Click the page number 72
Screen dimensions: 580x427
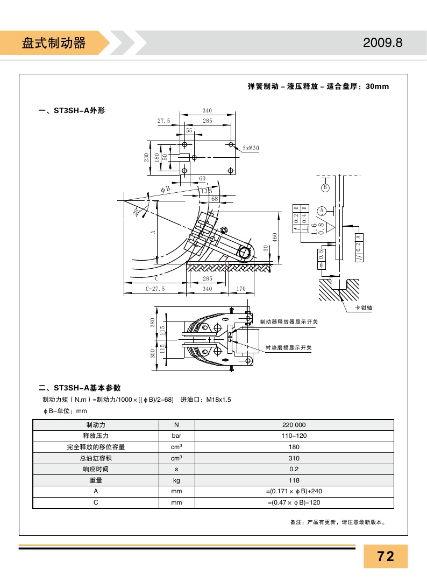click(x=386, y=556)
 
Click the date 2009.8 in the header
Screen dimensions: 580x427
click(x=382, y=43)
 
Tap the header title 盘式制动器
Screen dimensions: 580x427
click(x=54, y=43)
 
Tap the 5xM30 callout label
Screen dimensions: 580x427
click(x=251, y=148)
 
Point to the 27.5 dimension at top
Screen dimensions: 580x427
click(x=164, y=121)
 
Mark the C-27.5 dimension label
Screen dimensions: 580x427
click(x=155, y=289)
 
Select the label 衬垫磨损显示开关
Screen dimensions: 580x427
click(x=288, y=348)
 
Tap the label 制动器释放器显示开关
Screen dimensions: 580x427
click(x=289, y=322)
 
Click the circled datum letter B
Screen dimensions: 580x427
click(x=325, y=187)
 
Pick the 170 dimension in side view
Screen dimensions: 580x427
click(x=241, y=289)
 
